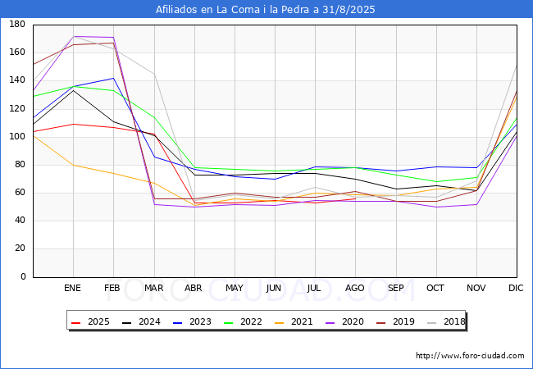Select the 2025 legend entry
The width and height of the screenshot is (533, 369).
[90, 321]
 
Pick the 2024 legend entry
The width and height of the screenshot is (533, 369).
[141, 321]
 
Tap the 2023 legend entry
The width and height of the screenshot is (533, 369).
[192, 321]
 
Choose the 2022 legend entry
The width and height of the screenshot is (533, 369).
[243, 321]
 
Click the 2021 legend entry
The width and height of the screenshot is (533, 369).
[294, 321]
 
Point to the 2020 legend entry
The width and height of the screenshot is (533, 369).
[344, 321]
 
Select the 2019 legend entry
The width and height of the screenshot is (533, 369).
[395, 321]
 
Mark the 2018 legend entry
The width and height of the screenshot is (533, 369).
[446, 321]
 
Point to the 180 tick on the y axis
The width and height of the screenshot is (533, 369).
[17, 24]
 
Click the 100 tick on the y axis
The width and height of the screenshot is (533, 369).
[17, 137]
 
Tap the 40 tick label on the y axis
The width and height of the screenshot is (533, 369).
[20, 221]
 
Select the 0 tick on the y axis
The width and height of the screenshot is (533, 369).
[23, 276]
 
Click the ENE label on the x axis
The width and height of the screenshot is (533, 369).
[72, 288]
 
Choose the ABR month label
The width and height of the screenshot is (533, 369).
[194, 288]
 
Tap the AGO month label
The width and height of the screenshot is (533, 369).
[355, 288]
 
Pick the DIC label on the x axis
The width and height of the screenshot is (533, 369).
[516, 288]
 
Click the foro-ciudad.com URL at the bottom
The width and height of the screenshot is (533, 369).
[470, 356]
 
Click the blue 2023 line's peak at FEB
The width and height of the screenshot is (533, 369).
[113, 78]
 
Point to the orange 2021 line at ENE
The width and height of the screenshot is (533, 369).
[74, 165]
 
